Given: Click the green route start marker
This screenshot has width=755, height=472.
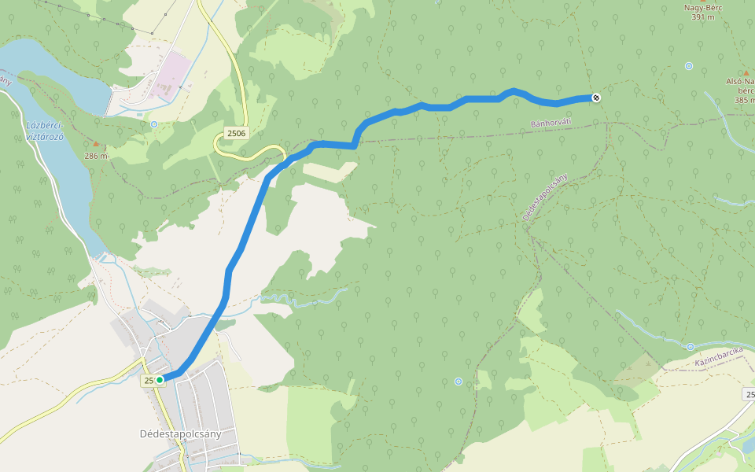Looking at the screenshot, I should pyautogui.click(x=160, y=380).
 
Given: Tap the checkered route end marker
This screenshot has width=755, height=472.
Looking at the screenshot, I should pyautogui.click(x=596, y=98).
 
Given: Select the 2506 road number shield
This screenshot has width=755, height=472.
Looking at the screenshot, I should pyautogui.click(x=236, y=133).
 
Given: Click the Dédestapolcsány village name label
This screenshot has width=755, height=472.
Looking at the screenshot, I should pyautogui.click(x=180, y=433).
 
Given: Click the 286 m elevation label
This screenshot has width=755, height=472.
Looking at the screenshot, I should pyautogui.click(x=96, y=156).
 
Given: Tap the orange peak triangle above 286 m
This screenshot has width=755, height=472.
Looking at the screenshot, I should pyautogui.click(x=96, y=144).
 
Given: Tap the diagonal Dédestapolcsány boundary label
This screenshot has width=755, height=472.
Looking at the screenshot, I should pyautogui.click(x=544, y=197).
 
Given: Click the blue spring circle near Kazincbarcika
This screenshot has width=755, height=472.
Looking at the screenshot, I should pyautogui.click(x=690, y=347).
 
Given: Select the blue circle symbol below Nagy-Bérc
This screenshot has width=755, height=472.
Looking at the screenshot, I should pyautogui.click(x=689, y=66).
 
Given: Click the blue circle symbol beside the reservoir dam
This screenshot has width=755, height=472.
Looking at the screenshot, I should pyautogui.click(x=153, y=124).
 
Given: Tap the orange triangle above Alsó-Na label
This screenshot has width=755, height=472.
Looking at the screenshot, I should pyautogui.click(x=746, y=72).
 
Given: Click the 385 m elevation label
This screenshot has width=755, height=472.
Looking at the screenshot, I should pyautogui.click(x=744, y=100).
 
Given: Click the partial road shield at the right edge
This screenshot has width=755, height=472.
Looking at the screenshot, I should pyautogui.click(x=749, y=393).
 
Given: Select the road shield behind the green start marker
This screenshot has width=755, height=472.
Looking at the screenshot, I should pyautogui.click(x=149, y=381).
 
